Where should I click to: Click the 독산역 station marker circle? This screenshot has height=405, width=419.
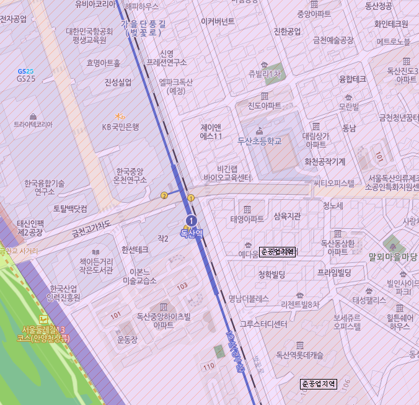coord(192,221)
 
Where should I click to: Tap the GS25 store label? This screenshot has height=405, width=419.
coord(26,79)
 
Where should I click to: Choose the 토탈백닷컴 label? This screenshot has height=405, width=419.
coord(70,208)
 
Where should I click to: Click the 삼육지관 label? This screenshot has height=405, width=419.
coord(287,216)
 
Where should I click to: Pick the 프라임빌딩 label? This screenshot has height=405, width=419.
coord(334,272)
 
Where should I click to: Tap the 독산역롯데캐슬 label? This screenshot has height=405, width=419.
coord(300,355)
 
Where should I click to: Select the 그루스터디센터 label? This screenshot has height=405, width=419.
coord(263,324)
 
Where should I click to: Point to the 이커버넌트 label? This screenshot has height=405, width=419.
coord(218,21)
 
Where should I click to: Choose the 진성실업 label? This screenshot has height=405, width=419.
coord(118,82)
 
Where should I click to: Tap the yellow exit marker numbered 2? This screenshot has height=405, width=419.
coord(164,195)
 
